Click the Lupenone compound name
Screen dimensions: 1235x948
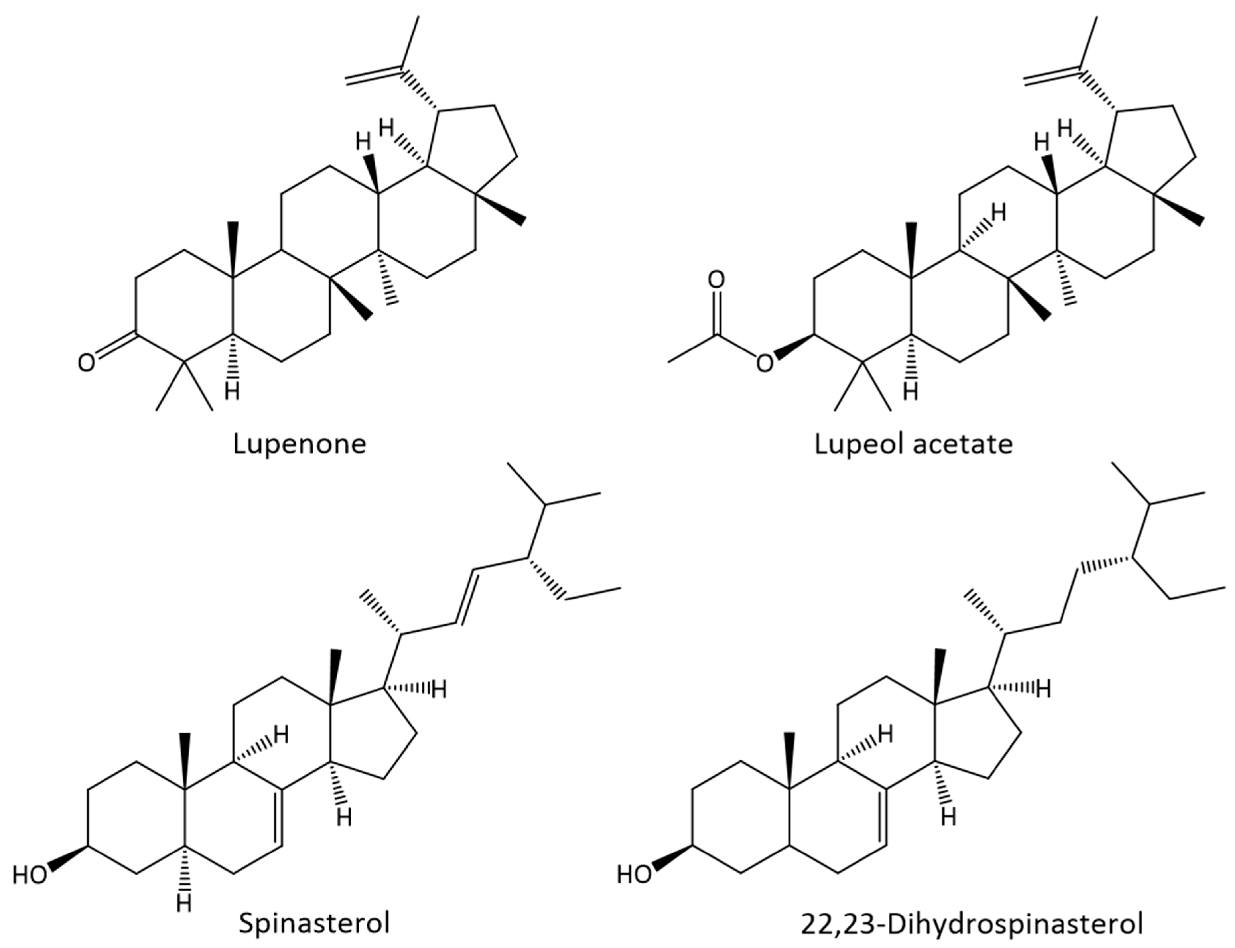300,444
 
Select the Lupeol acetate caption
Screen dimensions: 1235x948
913,444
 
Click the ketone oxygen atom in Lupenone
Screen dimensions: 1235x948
86,363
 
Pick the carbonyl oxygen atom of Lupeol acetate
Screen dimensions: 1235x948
716,280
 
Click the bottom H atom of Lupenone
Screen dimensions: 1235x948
232,391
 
